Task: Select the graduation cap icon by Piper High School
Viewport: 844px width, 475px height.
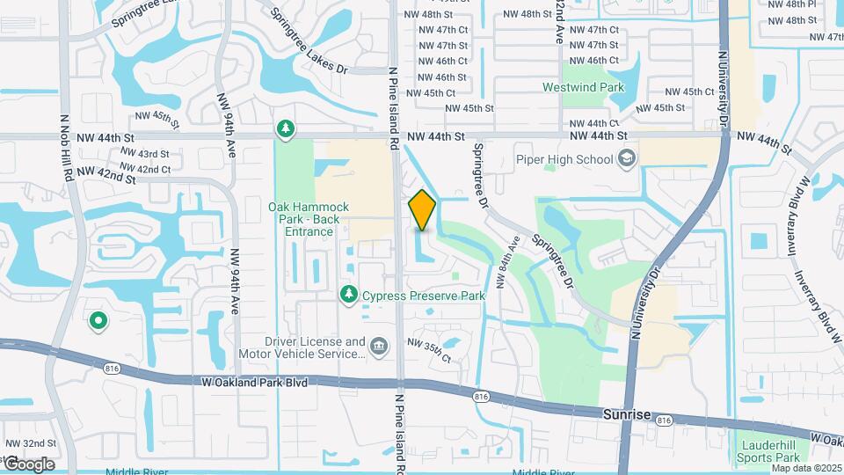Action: [x=626, y=158]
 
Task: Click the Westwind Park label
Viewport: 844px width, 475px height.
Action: [x=583, y=87]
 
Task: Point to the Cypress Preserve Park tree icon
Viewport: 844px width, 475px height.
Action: [x=349, y=294]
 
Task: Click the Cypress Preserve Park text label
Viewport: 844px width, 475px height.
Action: [x=424, y=296]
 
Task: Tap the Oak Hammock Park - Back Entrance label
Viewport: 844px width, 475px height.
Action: [x=302, y=219]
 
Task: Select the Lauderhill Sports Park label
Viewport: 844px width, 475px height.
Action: [x=769, y=451]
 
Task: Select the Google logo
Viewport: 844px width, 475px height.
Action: [x=28, y=464]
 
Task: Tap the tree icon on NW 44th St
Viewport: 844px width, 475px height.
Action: [x=285, y=129]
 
